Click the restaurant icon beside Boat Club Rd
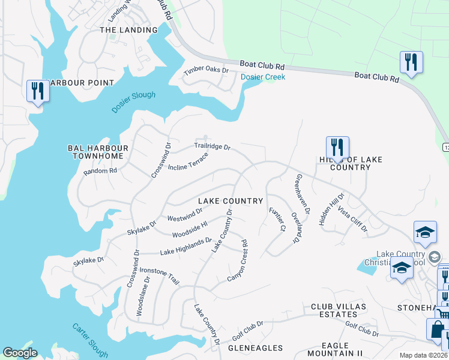411,62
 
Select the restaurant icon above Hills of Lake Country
337,147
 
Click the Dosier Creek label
263,77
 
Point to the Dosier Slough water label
133,102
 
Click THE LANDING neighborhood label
128,29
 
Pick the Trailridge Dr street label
212,146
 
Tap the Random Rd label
100,170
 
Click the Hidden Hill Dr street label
331,209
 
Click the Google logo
20,353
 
